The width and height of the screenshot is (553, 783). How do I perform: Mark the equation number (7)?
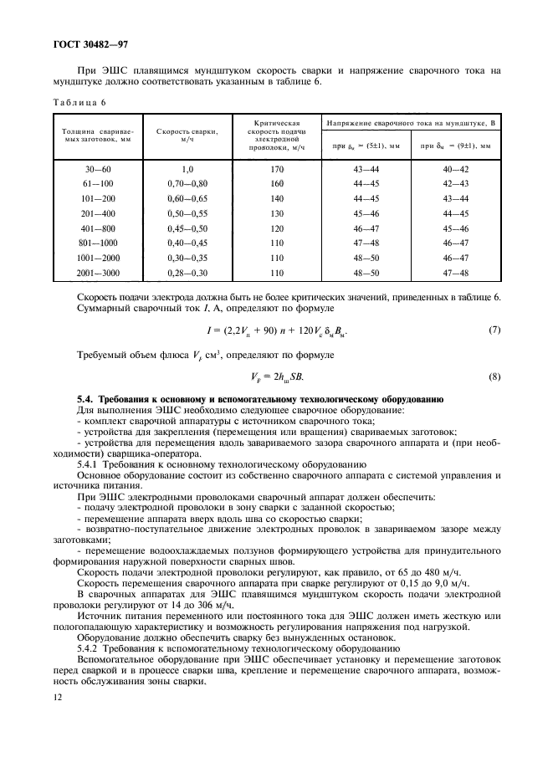point(494,330)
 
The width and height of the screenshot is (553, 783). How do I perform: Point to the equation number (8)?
point(494,376)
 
